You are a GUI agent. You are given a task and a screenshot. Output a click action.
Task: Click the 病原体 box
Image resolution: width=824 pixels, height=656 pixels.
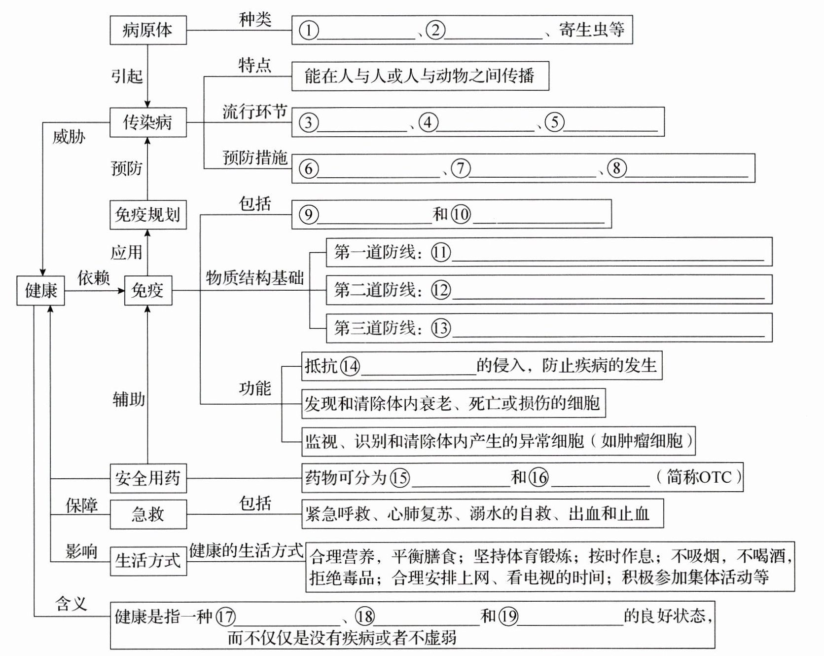tap(148, 30)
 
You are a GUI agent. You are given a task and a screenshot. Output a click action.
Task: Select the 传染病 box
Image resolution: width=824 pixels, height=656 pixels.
tap(148, 122)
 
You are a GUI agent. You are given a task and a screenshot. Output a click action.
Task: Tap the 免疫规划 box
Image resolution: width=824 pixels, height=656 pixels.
tap(148, 215)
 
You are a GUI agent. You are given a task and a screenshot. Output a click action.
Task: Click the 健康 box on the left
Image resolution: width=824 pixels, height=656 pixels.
tap(41, 290)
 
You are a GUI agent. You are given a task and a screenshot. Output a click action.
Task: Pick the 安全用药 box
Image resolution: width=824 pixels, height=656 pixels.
tap(148, 478)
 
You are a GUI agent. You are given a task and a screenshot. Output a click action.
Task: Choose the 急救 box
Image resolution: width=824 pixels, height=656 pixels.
tap(148, 514)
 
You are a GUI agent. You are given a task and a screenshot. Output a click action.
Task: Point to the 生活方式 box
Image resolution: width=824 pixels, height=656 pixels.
tap(148, 561)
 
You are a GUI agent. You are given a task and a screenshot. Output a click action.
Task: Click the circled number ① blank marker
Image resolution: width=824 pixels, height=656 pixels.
tap(309, 31)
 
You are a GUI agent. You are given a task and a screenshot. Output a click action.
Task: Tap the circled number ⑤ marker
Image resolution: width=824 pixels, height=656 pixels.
tap(554, 122)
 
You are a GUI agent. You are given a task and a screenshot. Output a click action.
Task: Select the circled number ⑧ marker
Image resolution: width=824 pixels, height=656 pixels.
tap(616, 168)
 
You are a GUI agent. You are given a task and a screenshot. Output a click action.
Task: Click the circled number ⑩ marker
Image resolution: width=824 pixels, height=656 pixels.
tap(461, 214)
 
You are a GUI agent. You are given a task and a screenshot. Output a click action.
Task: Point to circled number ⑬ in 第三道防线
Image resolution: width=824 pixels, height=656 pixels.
tap(441, 328)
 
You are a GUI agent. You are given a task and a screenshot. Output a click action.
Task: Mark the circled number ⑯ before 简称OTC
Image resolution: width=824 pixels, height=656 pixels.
tap(538, 477)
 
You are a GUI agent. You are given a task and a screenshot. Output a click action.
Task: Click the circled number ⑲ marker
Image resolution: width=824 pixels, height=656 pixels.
tap(508, 616)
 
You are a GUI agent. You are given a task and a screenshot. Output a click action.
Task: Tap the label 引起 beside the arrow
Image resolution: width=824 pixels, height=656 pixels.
tap(127, 76)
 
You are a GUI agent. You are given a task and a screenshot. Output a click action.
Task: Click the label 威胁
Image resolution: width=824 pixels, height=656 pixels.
tap(69, 137)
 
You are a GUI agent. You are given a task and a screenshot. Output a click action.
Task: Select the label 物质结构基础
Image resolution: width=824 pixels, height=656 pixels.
tap(254, 278)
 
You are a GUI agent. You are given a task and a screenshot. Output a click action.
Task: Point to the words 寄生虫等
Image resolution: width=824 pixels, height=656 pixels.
tap(591, 30)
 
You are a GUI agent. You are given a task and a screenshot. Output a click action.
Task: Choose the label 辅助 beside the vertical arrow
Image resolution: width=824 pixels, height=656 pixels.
tap(129, 399)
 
